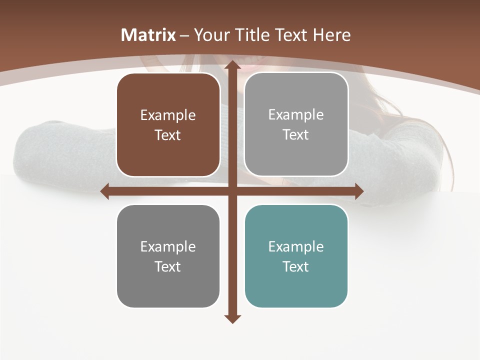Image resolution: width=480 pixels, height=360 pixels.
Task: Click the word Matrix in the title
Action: (148, 35)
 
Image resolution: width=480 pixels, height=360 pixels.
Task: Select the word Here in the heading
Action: (331, 35)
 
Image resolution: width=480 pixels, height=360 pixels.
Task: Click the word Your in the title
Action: (210, 35)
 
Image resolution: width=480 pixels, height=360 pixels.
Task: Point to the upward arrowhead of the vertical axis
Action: (231, 65)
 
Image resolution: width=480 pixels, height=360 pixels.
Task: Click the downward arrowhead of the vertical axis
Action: (231, 319)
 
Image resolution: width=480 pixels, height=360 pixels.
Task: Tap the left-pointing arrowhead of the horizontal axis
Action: (105, 191)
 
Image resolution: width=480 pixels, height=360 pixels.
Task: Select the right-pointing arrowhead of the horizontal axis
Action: (359, 191)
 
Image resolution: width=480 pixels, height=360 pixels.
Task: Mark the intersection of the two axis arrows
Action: (231, 191)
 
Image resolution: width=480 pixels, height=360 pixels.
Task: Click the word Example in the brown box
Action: (168, 115)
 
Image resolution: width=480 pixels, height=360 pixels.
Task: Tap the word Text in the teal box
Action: (296, 266)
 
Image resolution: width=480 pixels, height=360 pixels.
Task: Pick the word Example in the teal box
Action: (296, 246)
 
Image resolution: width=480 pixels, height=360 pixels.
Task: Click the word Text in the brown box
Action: (168, 135)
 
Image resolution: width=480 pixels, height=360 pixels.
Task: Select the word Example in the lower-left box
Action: (168, 246)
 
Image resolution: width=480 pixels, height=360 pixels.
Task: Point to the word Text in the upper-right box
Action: (296, 135)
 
